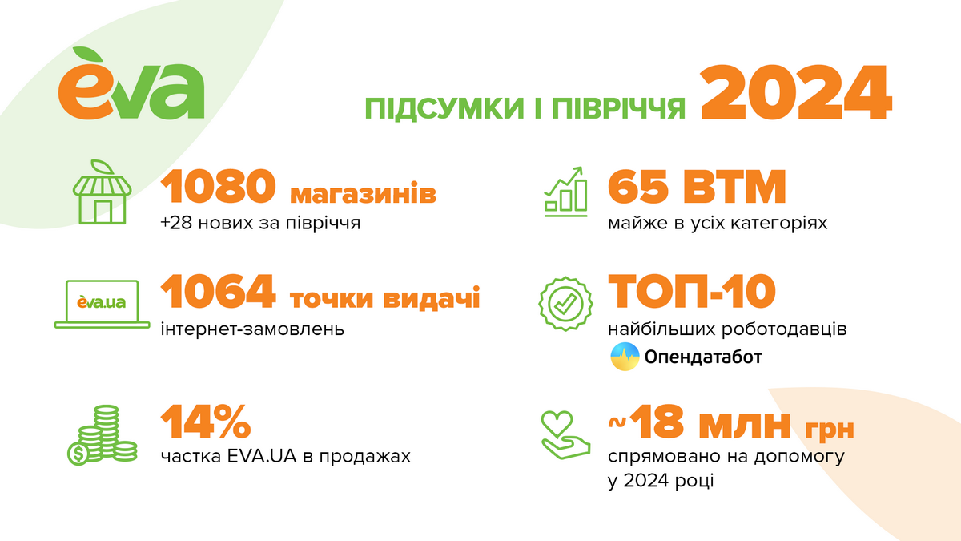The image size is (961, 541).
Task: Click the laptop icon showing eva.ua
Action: point(102,303)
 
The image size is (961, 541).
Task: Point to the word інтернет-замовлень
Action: point(253,329)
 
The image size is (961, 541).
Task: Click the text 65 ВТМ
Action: point(698,188)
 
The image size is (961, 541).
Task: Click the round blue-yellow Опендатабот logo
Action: point(625,357)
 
